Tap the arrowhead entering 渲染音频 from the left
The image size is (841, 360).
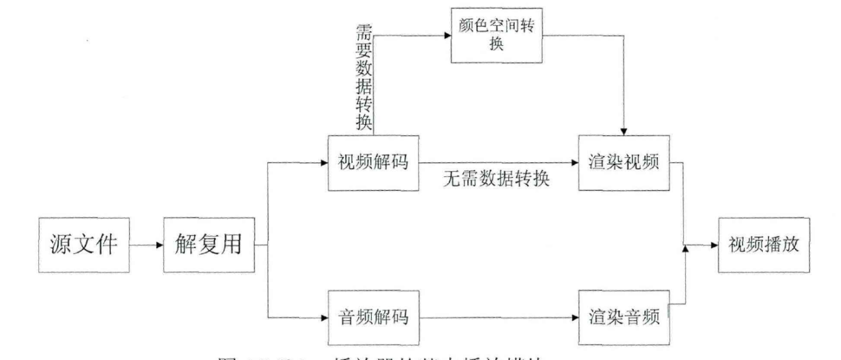coord(575,316)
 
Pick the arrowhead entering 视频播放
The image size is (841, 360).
coord(714,245)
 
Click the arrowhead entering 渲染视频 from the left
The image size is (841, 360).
coord(575,162)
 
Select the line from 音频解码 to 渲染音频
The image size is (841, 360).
coord(497,316)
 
